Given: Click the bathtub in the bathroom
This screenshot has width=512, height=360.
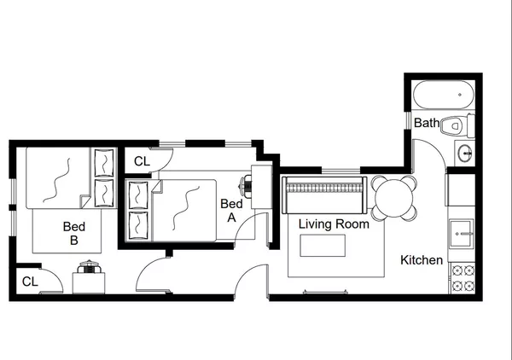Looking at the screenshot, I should pos(443,93).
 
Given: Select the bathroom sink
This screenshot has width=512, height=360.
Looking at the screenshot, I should pos(463,154).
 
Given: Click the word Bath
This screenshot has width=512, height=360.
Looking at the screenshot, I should pos(427,124).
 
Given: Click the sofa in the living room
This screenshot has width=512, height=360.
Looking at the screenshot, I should pos(323,198).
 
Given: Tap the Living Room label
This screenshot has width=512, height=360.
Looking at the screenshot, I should pos(334,224).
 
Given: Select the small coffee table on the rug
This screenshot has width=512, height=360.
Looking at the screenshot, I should pos(323,246).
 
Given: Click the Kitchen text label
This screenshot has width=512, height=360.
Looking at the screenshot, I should pos(422,260).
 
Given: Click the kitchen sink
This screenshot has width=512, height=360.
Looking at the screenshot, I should pos(462,229).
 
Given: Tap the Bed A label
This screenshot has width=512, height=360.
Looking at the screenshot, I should pos(230,210).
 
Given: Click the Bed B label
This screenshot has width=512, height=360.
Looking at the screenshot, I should pos(74,234).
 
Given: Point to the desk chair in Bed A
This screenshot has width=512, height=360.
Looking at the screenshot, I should pos(247,183).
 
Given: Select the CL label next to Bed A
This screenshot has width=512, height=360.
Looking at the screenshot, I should pos(142,160).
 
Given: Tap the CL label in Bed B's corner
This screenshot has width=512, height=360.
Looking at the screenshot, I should pos(29,281).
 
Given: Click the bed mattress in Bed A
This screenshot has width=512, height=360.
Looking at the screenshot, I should pos(183,209).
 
